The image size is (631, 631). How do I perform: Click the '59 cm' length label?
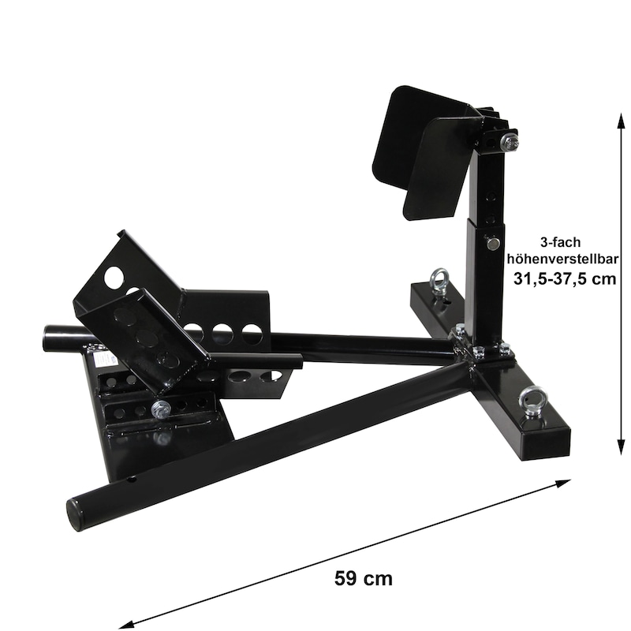click(x=363, y=578)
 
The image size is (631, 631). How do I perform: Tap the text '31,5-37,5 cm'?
click(x=565, y=278)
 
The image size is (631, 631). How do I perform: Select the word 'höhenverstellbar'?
click(x=562, y=259)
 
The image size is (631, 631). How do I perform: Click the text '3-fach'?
click(x=561, y=242)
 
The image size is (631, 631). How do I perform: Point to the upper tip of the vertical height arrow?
click(x=622, y=114)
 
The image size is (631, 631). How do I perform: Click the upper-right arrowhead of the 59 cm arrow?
click(x=570, y=480)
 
